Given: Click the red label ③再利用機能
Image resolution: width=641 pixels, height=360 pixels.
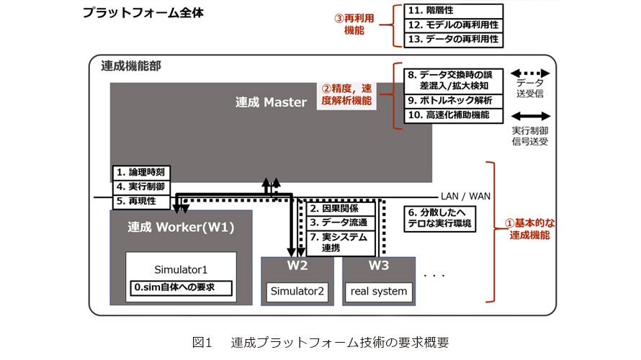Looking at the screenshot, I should [x=354, y=24].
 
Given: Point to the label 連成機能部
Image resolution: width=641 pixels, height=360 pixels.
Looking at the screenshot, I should [x=130, y=66].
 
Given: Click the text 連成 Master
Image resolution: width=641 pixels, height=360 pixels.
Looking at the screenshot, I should [x=271, y=102].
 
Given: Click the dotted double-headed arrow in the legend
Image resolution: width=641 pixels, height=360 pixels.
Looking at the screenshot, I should [x=530, y=73].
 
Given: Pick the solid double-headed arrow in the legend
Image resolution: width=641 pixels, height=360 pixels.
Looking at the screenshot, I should [x=530, y=116].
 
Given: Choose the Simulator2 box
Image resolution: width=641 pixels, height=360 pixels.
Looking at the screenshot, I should [x=297, y=292].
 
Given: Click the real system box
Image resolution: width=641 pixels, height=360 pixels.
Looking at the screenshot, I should [x=379, y=292].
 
